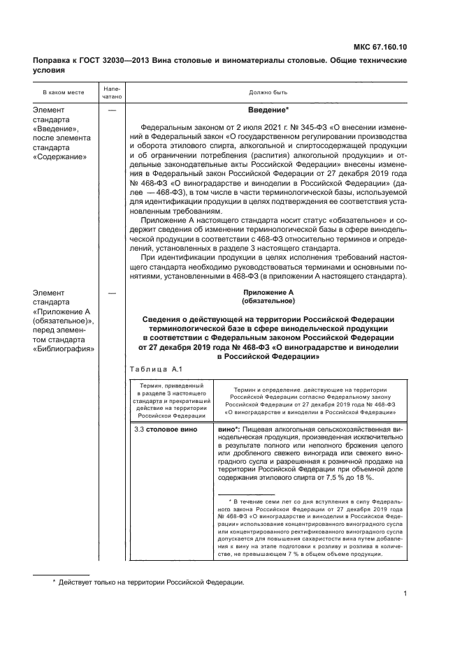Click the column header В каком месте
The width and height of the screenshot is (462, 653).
[63, 91]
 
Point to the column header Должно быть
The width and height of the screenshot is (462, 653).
[268, 91]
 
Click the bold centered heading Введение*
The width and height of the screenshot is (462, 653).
[268, 110]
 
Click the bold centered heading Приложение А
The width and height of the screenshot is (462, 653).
[268, 293]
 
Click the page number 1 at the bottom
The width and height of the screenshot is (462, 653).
[405, 595]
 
